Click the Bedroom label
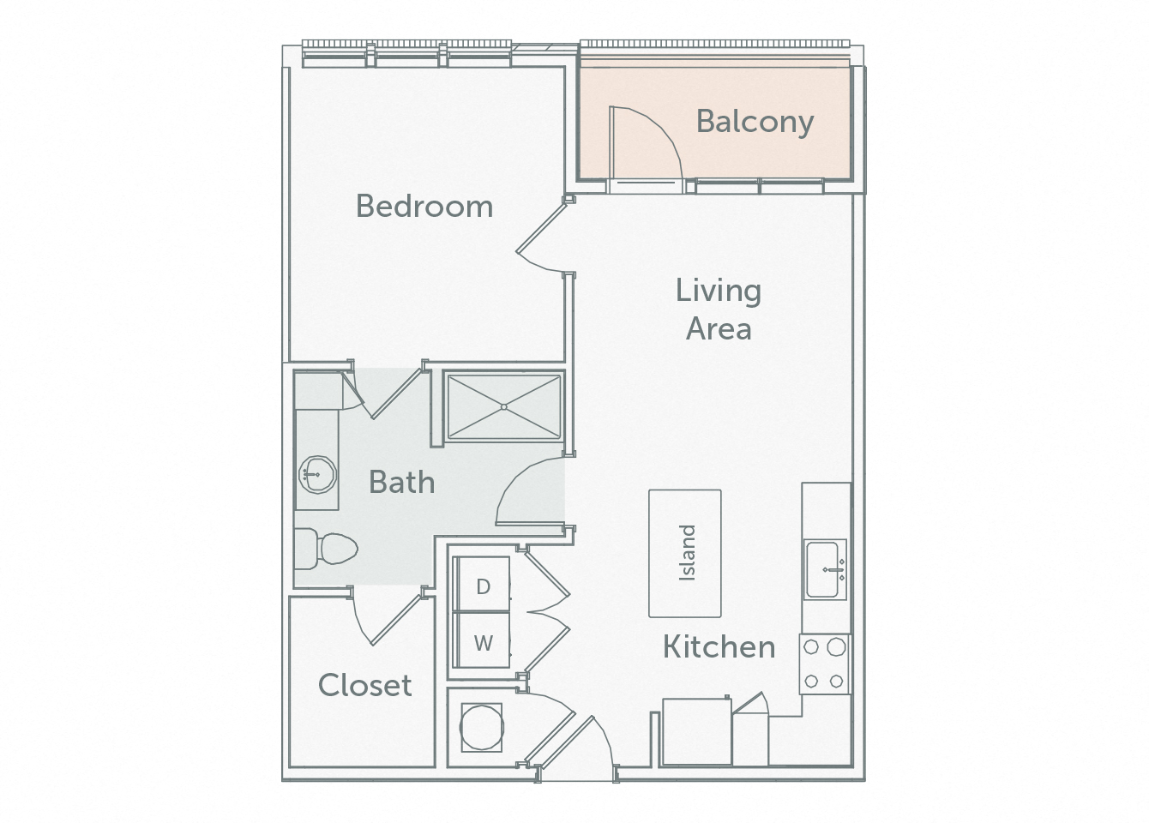coord(424,207)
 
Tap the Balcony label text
coord(755,121)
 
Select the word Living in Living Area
coord(718,291)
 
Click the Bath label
coord(401,482)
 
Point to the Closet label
coord(364,685)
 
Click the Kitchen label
coord(719,646)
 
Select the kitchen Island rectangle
coord(684,553)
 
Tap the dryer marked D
coord(483,586)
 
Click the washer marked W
coord(483,642)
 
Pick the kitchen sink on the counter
coord(825,568)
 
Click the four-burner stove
coord(824,664)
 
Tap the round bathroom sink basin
coord(317,473)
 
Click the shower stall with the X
coord(503,407)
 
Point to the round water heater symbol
coord(480,727)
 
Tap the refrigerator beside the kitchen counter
coord(696,731)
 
